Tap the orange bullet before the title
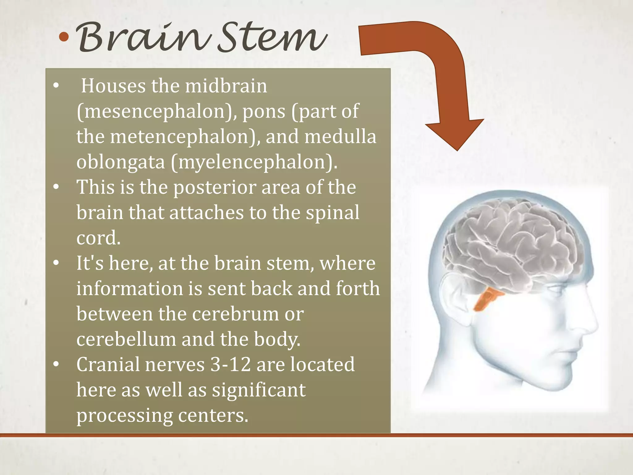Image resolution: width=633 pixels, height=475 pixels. [x=64, y=37]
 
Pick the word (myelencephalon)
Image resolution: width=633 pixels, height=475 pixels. [x=254, y=162]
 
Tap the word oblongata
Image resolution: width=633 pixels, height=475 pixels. [x=121, y=162]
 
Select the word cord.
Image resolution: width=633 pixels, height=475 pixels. [x=98, y=238]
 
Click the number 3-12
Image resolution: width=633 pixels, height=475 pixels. [x=230, y=365]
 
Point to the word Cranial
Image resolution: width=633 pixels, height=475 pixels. [x=108, y=365]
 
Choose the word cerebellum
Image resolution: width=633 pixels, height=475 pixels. [x=126, y=339]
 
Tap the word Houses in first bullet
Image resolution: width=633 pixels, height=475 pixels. [x=113, y=86]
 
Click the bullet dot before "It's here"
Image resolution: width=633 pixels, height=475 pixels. [x=56, y=263]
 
